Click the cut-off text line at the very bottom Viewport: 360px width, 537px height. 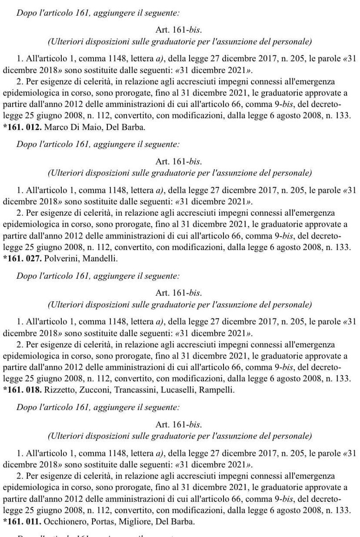98,534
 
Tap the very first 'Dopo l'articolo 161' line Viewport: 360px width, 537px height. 98,13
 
